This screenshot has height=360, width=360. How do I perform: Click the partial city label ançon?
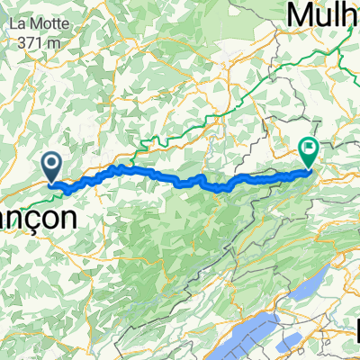[x=28, y=218]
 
